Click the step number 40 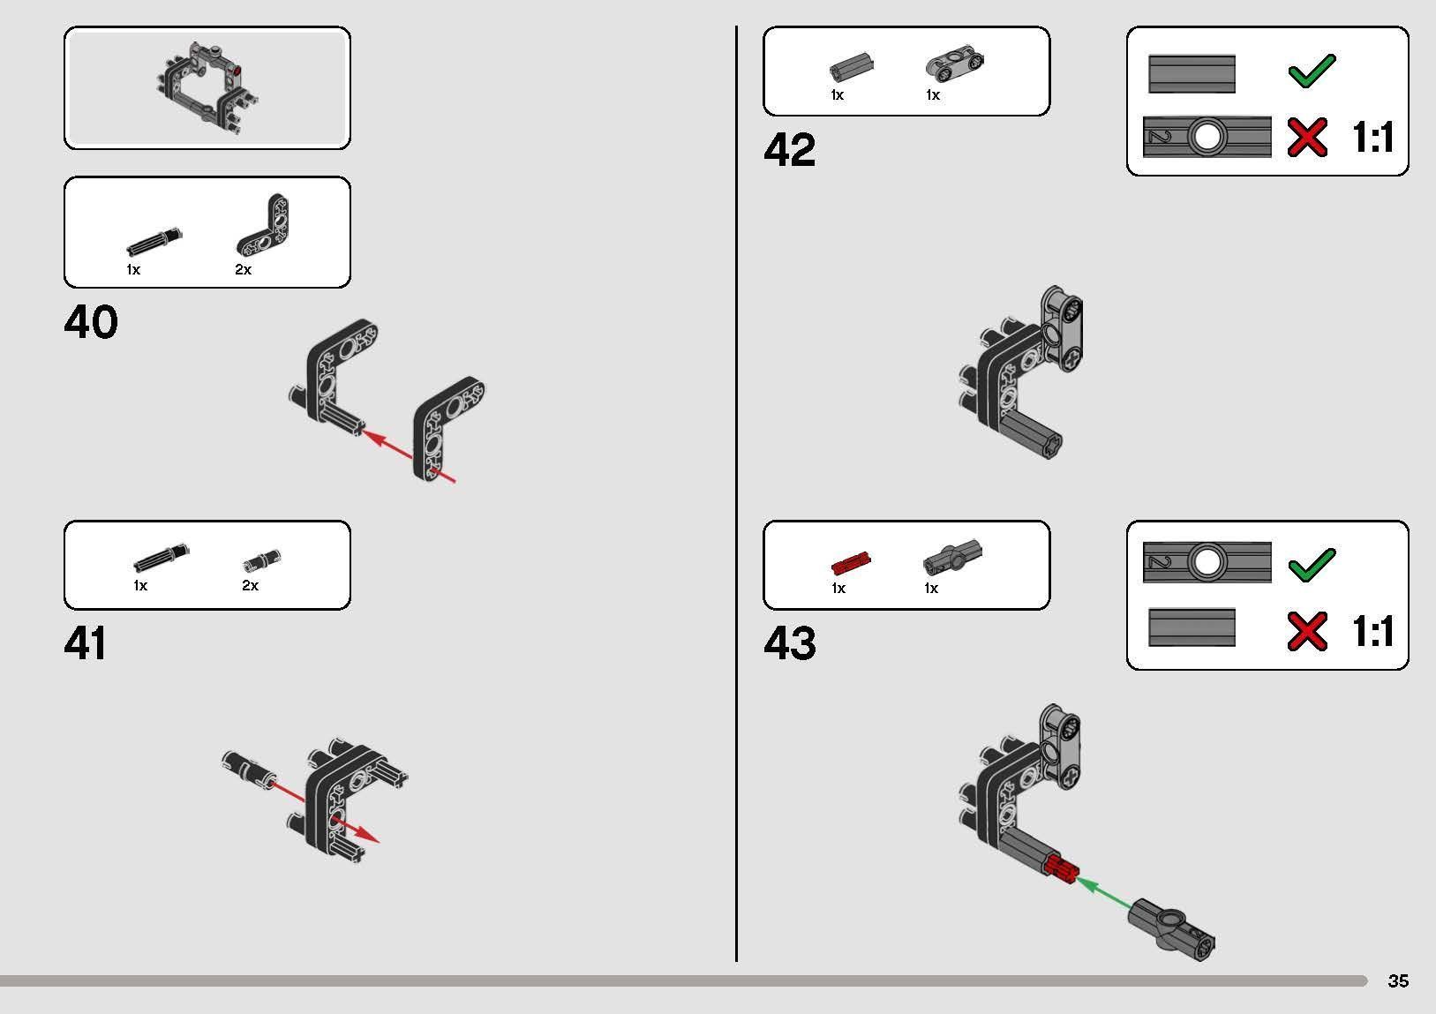point(91,322)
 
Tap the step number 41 point(86,642)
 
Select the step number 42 point(790,149)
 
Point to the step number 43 point(790,642)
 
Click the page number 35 point(1398,980)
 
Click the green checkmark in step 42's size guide point(1312,71)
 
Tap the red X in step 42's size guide point(1307,137)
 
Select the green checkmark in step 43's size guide point(1312,565)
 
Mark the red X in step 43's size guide point(1307,631)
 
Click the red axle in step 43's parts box point(851,563)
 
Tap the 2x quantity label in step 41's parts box point(250,585)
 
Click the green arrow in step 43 point(1105,893)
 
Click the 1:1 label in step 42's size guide point(1372,137)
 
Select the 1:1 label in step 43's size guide point(1372,631)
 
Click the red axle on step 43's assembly point(1061,869)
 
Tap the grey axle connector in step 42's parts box point(852,67)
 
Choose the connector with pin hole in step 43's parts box point(952,556)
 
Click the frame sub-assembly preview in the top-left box point(207,88)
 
